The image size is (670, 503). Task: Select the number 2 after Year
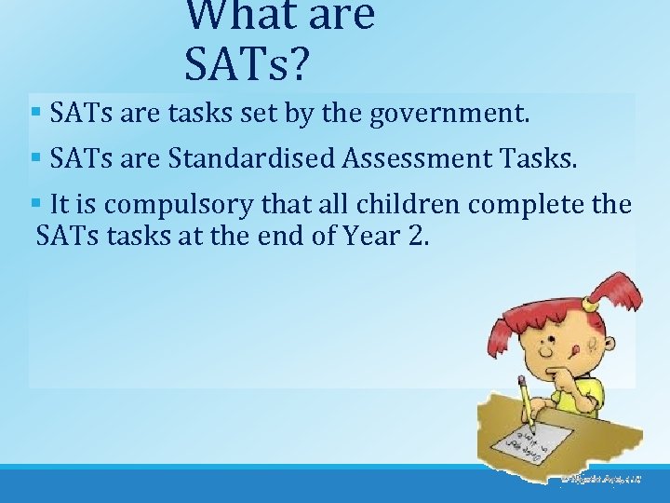pyautogui.click(x=415, y=237)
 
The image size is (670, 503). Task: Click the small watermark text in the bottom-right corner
pyautogui.click(x=600, y=479)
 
